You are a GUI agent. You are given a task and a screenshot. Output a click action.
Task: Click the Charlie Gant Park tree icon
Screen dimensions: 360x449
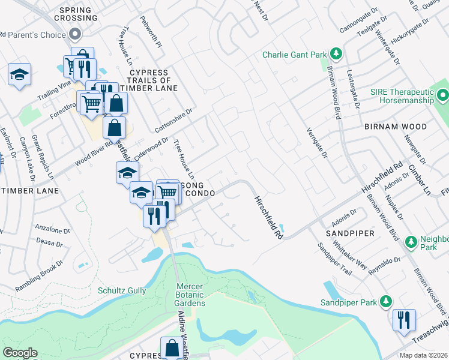(x=336, y=55)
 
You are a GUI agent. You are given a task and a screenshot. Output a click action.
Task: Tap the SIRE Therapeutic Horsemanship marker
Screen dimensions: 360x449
(x=443, y=95)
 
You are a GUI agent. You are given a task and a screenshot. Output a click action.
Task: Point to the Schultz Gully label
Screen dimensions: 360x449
(x=122, y=290)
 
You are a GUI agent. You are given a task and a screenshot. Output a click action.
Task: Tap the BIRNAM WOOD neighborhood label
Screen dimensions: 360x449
(x=395, y=127)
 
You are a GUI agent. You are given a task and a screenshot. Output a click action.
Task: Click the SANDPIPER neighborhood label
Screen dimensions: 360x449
(x=350, y=233)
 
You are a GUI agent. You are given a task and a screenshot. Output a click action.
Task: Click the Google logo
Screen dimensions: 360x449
(x=20, y=353)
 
